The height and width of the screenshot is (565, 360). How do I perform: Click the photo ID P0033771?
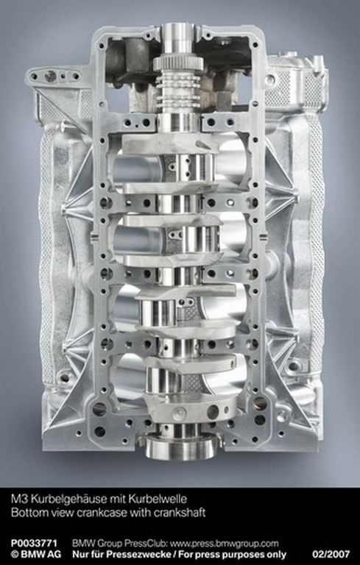[x=34, y=544]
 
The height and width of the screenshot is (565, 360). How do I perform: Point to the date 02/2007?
[x=331, y=554]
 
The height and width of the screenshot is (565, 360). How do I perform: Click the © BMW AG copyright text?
[x=36, y=554]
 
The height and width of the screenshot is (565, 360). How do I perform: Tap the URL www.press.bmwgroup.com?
[x=224, y=544]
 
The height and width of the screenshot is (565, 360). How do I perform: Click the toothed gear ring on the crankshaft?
[x=179, y=64]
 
